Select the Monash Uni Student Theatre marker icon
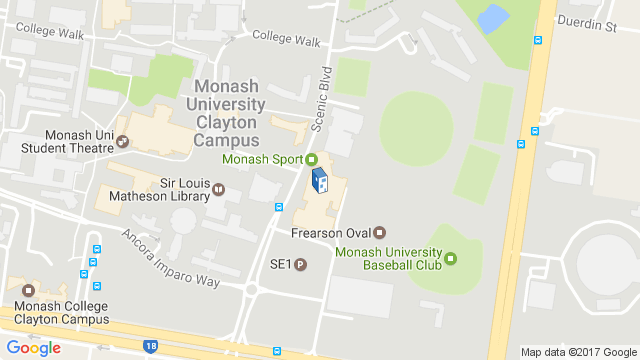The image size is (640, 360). [x=123, y=142]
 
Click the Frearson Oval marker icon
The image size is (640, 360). [x=379, y=233]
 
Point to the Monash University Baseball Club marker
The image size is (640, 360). [x=449, y=259]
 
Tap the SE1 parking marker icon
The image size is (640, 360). [x=300, y=265]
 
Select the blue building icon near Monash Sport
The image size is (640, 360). [x=319, y=182]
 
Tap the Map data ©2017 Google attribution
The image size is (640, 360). [x=578, y=352]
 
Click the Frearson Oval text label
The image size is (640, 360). [x=330, y=234]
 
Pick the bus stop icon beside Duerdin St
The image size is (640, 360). [x=537, y=41]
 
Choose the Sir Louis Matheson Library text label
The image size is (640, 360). [x=161, y=189]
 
